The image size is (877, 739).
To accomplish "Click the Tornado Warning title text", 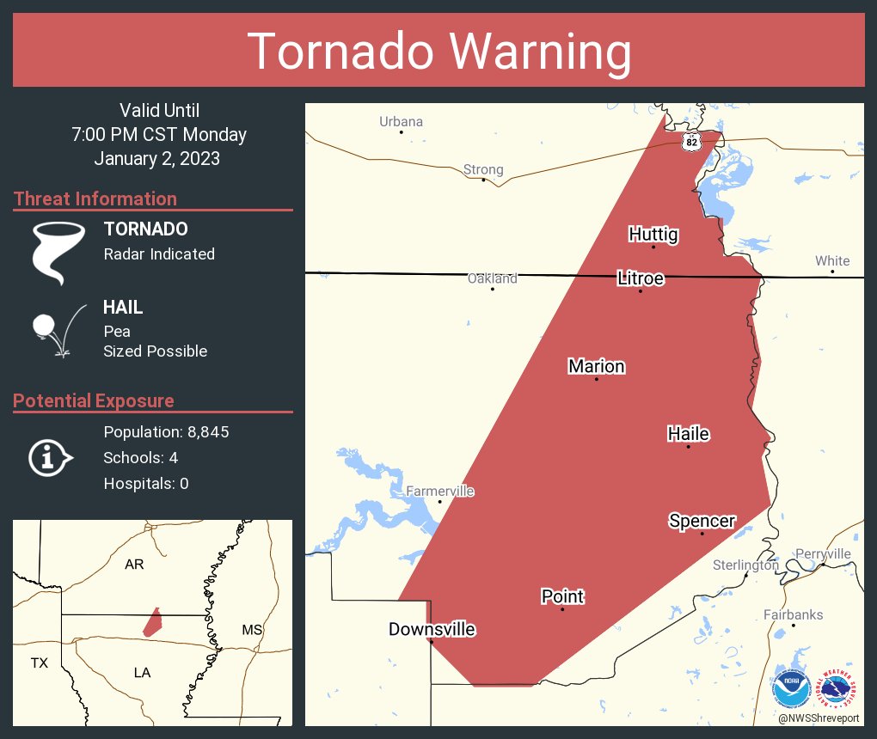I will tap(438, 52).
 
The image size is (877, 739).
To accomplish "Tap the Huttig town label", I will tap(653, 235).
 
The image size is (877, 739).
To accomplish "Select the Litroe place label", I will tap(641, 278).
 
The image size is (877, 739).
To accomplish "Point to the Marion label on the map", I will tap(597, 367).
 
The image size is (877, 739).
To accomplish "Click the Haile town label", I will tap(689, 434).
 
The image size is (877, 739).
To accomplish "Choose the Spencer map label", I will tap(702, 521).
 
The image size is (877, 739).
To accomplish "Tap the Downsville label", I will tap(432, 629).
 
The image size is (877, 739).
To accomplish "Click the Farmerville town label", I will tap(439, 492).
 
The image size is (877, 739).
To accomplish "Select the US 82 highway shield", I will tap(691, 141).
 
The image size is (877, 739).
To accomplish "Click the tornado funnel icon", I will tap(58, 252).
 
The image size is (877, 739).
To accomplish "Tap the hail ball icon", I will tap(44, 326).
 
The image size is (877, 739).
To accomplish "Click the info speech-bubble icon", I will tap(48, 458).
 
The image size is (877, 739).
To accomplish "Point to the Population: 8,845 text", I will tap(166, 432).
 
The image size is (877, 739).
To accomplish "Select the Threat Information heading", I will tap(95, 199).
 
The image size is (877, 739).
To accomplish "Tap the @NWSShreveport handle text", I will tap(817, 718).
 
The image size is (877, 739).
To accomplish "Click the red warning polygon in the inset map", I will tap(152, 621).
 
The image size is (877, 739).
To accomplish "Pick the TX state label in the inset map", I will tap(40, 663).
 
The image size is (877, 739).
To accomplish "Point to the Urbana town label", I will tap(402, 121).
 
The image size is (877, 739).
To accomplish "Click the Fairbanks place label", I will tap(793, 614).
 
